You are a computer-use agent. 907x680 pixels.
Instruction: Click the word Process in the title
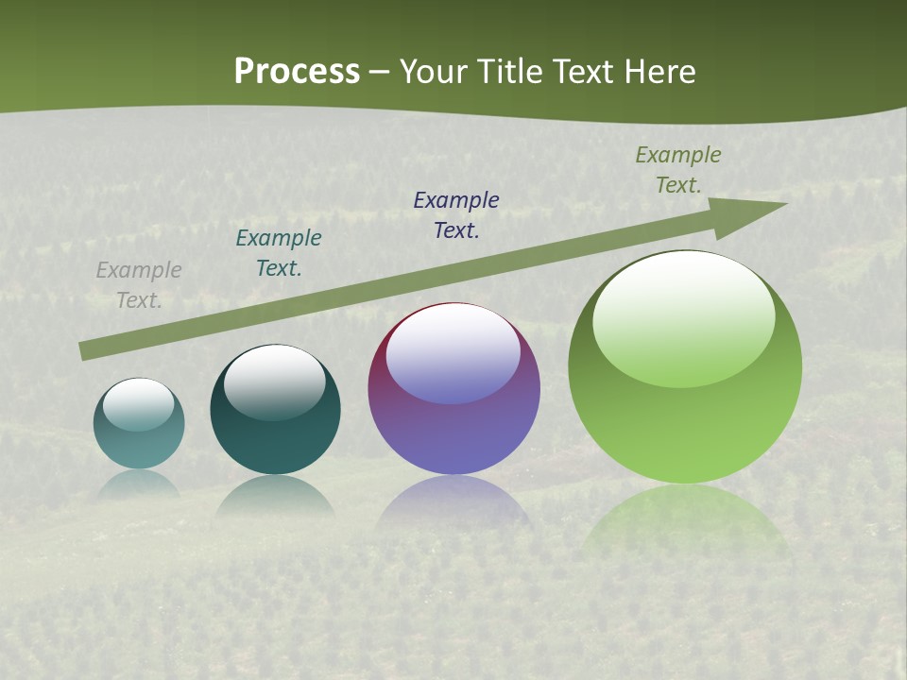(297, 71)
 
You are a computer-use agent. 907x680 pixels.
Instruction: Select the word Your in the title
(434, 71)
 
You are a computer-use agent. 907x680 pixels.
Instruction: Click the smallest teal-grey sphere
(139, 424)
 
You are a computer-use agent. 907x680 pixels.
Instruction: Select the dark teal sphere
(275, 410)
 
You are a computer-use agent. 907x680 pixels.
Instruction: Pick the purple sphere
(453, 389)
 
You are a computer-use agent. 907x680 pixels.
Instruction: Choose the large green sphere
(685, 367)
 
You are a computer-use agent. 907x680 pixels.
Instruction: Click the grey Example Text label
(139, 285)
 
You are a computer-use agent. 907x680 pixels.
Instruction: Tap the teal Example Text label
(279, 253)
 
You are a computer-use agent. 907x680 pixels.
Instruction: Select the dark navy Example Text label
(456, 214)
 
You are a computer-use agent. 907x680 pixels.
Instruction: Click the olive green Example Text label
(678, 170)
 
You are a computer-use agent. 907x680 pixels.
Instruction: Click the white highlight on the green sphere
(684, 316)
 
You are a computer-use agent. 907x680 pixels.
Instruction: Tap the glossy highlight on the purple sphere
(453, 351)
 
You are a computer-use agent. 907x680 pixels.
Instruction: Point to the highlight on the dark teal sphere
(274, 381)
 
